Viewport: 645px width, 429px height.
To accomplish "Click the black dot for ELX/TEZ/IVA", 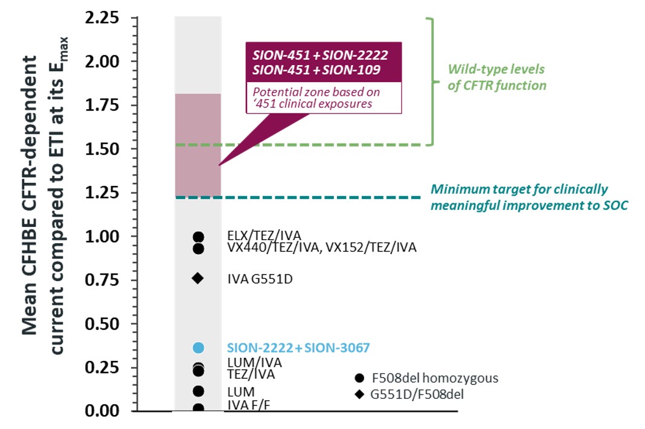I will pos(198,237).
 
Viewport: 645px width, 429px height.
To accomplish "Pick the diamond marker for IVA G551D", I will pos(198,278).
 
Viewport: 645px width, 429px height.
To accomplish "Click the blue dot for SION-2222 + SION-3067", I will pos(198,348).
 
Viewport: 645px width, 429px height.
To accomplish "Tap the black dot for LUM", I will pos(198,391).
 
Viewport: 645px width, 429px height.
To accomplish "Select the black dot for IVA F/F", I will pos(198,408).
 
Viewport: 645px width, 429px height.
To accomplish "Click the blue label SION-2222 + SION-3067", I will pos(298,348).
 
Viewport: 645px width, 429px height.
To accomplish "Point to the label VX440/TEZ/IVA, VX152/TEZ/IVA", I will pos(322,247).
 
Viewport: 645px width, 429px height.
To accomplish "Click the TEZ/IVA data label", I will pos(251,375).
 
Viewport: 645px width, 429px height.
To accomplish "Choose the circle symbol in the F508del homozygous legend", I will pos(360,378).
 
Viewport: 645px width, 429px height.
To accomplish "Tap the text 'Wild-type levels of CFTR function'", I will pos(496,77).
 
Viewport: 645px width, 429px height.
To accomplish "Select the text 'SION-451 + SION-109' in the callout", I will pos(320,70).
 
